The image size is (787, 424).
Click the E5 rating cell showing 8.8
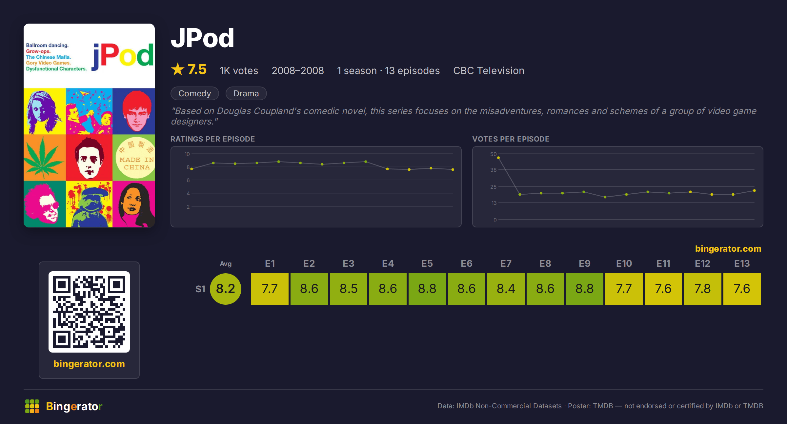427,289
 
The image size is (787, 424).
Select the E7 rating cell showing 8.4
506,289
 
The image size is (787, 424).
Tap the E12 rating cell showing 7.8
702,289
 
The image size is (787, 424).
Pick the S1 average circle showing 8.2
226,289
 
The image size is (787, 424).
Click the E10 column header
624,263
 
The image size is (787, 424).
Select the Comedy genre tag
195,93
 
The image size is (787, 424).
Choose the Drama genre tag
246,93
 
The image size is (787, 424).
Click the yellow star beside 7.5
178,69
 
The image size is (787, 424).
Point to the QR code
89,312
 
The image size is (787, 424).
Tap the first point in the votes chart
498,158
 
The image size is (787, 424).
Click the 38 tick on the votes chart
493,170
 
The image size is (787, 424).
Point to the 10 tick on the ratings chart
187,154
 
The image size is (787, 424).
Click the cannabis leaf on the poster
43,158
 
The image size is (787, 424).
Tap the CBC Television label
489,70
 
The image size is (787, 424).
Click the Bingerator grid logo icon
32,406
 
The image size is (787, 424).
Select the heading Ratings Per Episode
212,139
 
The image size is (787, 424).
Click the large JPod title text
203,38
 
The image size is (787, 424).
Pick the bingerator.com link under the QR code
89,364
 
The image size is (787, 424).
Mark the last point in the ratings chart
453,169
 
